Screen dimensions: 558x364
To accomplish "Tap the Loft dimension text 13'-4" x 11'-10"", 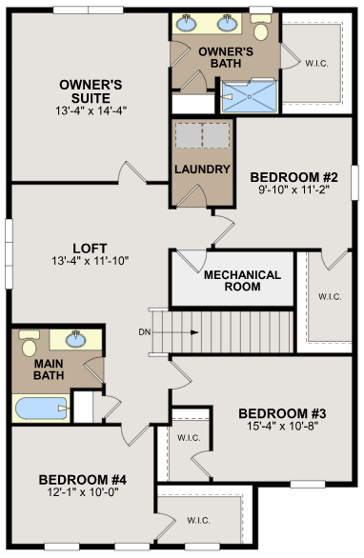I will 90,260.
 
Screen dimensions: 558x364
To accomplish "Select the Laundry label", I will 202,170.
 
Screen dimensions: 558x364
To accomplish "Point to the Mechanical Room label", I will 243,281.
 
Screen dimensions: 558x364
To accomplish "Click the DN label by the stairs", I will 144,331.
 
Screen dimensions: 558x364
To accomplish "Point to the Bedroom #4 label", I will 84,479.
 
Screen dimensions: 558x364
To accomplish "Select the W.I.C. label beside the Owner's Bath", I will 317,64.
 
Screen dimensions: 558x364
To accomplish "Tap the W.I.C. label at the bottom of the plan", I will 198,520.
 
